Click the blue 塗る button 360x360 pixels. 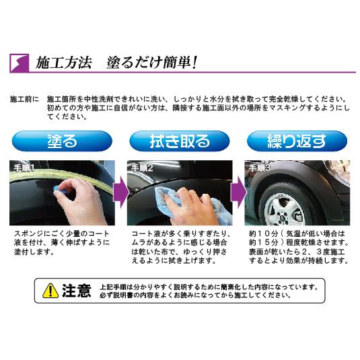tap(63, 142)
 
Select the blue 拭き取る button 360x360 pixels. tap(180, 142)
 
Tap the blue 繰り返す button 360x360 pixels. tap(297, 142)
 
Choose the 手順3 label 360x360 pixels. tap(260, 168)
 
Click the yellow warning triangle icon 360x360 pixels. tap(50, 291)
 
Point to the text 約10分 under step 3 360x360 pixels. tap(259, 233)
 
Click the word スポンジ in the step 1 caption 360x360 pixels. tap(28, 232)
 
